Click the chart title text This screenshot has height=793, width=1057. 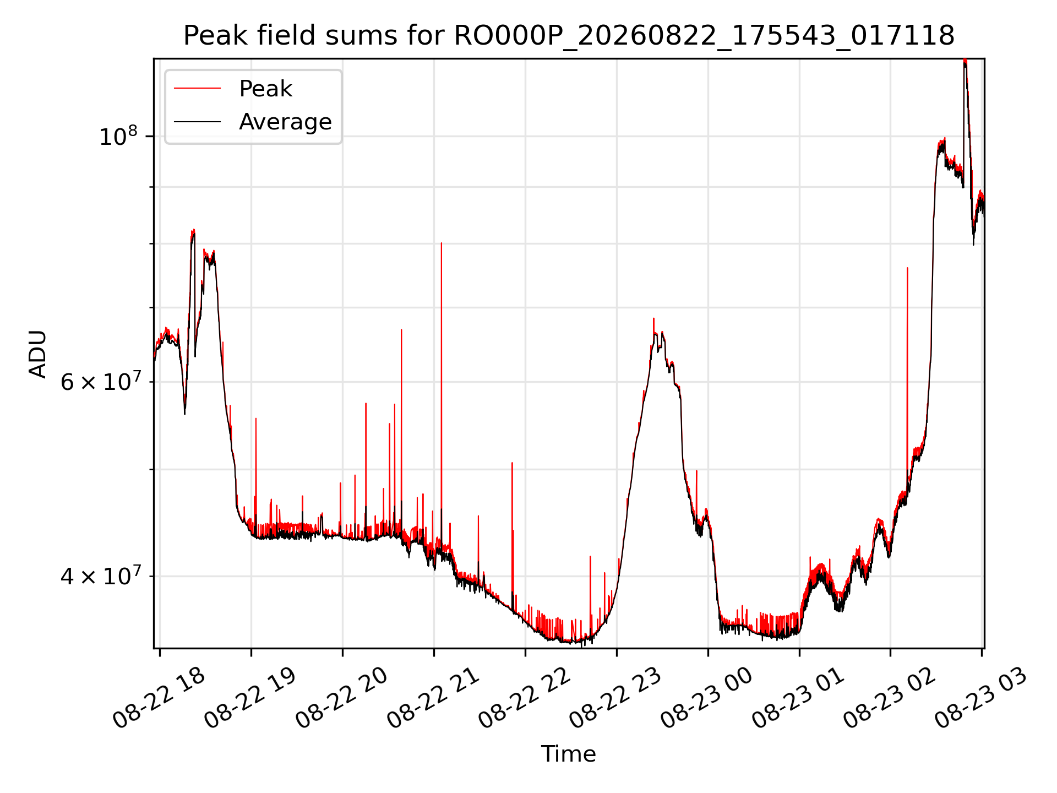coord(569,36)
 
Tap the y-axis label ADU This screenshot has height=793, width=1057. coord(38,354)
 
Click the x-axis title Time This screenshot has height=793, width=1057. coord(569,754)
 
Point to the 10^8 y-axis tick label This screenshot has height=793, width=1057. coord(118,135)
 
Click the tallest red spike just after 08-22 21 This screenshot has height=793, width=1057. coord(442,385)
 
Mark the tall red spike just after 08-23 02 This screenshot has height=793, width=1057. coord(907,374)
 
